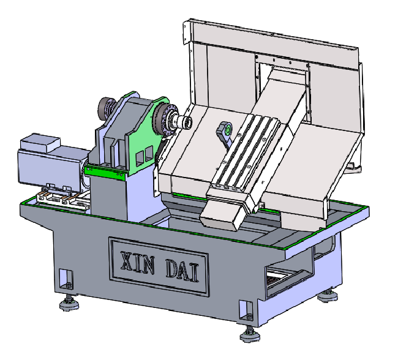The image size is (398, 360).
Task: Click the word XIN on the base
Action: pyautogui.click(x=138, y=262)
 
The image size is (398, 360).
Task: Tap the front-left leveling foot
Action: pyautogui.click(x=69, y=303)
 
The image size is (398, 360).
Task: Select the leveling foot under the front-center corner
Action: pyautogui.click(x=250, y=334)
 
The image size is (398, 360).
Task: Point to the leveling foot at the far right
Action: pyautogui.click(x=328, y=295)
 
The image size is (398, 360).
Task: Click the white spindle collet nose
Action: pyautogui.click(x=184, y=122)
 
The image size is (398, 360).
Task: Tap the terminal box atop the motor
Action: pyautogui.click(x=40, y=142)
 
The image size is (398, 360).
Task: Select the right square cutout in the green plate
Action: pyautogui.click(x=149, y=153)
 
